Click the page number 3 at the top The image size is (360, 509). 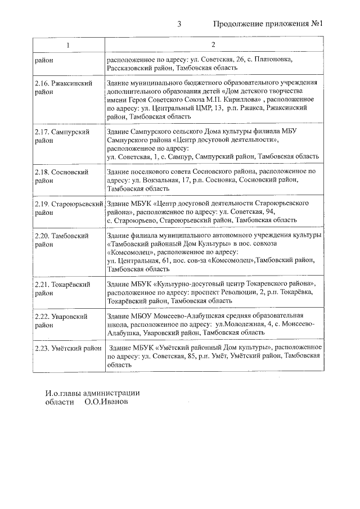179,24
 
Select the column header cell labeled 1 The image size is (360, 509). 68,45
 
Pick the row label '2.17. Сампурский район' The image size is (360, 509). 62,136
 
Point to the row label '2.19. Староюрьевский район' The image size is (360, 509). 68,207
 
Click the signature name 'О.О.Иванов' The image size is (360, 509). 106,403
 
